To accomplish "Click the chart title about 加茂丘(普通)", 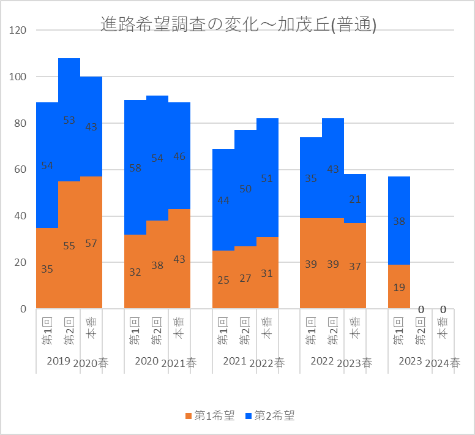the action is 238,25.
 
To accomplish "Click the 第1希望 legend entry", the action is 210,415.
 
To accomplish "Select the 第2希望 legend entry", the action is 270,415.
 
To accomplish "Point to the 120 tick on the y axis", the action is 18,30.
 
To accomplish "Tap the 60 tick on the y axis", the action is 20,170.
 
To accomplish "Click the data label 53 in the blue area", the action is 69,120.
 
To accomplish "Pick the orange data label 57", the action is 91,243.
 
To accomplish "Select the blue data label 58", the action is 135,168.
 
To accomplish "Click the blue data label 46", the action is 179,156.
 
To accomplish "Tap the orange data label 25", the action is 223,280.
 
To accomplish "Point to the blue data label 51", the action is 267,178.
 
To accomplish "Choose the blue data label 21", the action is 355,200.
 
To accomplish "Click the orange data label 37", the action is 355,267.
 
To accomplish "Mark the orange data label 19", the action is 399,287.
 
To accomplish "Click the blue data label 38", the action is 399,221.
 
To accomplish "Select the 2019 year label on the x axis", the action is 59,361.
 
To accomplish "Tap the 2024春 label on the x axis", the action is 443,363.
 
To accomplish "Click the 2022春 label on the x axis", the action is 267,363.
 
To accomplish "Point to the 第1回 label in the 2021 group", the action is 223,331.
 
